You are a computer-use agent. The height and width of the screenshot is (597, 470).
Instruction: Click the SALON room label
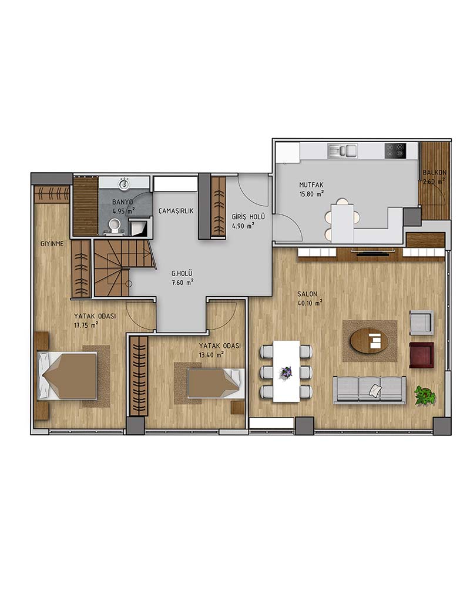point(307,294)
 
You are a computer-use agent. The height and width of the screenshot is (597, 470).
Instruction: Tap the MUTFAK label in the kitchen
point(311,185)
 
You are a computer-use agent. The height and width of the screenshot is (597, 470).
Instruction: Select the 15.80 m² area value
point(312,194)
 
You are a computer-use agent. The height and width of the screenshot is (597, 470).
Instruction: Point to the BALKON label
point(434,173)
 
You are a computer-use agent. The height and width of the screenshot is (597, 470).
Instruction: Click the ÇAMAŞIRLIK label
point(176,211)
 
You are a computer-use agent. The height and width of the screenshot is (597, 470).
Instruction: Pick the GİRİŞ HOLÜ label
point(248,217)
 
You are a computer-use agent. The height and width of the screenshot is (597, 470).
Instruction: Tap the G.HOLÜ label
point(182,273)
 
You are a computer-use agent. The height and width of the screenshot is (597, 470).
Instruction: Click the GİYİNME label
point(52,244)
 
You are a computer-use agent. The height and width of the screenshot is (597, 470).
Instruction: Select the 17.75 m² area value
point(86,325)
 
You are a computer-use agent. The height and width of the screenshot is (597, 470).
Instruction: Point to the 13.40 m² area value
point(211,355)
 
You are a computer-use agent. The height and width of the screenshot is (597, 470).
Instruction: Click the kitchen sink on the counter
point(342,151)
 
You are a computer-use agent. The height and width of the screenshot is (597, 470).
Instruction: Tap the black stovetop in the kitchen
point(395,150)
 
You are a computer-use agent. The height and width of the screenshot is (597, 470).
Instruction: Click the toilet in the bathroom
point(114,226)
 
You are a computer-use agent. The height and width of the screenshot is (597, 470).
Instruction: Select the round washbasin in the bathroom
point(124,185)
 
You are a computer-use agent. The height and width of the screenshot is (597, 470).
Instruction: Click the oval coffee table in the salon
point(369,340)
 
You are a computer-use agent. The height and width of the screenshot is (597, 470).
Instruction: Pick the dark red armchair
point(421,355)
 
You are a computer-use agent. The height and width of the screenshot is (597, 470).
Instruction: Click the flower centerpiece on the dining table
point(286,372)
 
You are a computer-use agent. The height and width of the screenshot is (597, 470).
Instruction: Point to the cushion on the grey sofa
point(375,390)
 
